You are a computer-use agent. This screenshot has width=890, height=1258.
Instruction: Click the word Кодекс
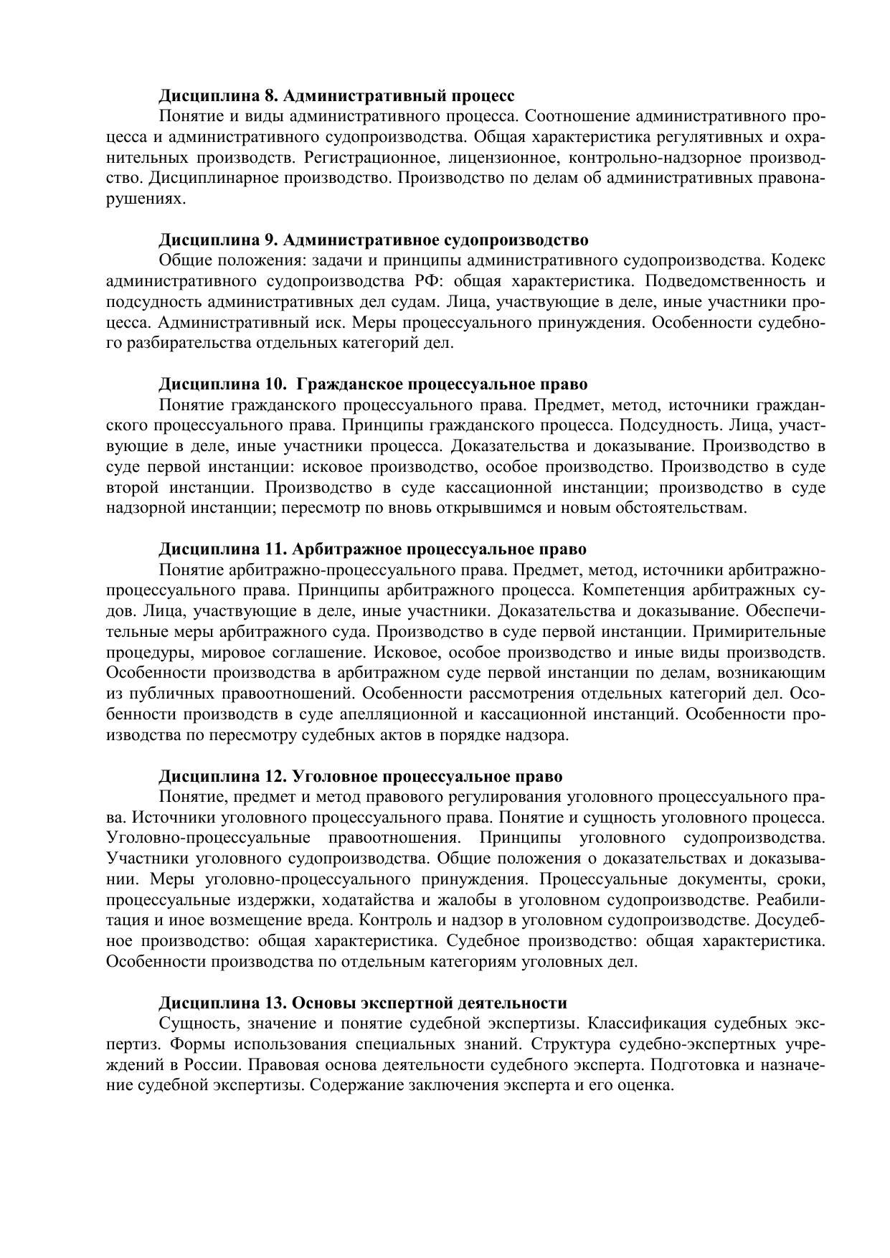(800, 260)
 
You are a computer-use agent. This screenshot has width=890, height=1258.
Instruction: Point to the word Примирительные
(767, 633)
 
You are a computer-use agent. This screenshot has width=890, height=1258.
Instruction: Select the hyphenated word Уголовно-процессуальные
(207, 838)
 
